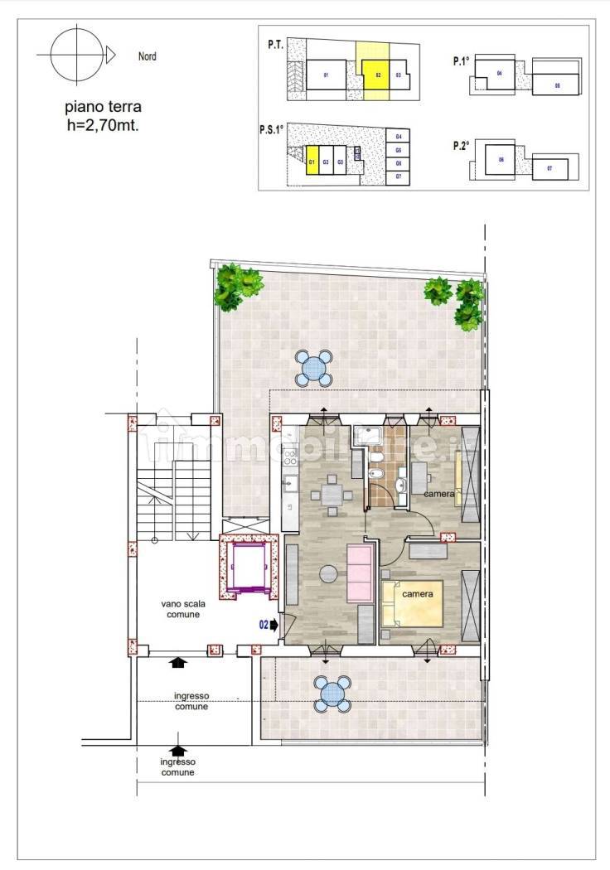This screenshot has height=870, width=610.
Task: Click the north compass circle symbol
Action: [74, 55]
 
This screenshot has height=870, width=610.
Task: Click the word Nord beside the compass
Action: [147, 57]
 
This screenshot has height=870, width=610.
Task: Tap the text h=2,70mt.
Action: [104, 126]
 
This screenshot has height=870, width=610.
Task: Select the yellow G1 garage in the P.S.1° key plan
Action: [312, 162]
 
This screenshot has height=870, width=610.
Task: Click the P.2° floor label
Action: [462, 146]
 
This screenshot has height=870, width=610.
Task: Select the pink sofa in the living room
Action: [361, 573]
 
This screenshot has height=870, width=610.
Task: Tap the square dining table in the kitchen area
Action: [330, 495]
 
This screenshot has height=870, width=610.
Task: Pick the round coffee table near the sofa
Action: [329, 573]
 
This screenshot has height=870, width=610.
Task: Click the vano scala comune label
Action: [184, 610]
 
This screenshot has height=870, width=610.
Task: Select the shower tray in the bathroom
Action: [366, 437]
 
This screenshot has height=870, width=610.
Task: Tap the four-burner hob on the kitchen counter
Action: [290, 458]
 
